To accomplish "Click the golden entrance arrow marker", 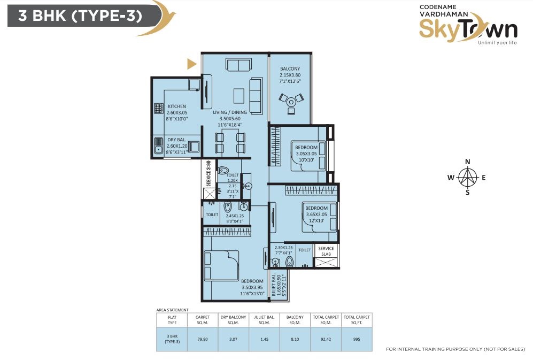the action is pos(191,64).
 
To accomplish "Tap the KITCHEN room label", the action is pos(177,106).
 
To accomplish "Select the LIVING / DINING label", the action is pos(230,112).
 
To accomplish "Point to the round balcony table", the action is pos(291,102).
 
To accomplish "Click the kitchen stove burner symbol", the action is pos(159,108).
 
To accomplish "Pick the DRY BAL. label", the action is pos(177,140).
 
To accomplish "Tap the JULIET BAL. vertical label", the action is pos(274,285).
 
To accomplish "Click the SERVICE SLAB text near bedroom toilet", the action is pos(326,251).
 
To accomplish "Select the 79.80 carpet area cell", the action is pos(203,339).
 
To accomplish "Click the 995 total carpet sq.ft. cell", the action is pos(357,339).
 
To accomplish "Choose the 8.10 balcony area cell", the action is pos(295,339).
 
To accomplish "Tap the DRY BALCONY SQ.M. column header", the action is pos(233,320).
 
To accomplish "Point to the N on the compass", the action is pos(468,162).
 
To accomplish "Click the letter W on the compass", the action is pos(451,177).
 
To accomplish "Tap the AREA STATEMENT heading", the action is pos(172,310).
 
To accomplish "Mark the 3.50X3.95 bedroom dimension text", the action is pos(252,287).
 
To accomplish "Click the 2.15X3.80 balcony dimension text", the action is pos(290,75).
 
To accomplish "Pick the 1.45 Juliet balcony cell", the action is pos(264,339).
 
